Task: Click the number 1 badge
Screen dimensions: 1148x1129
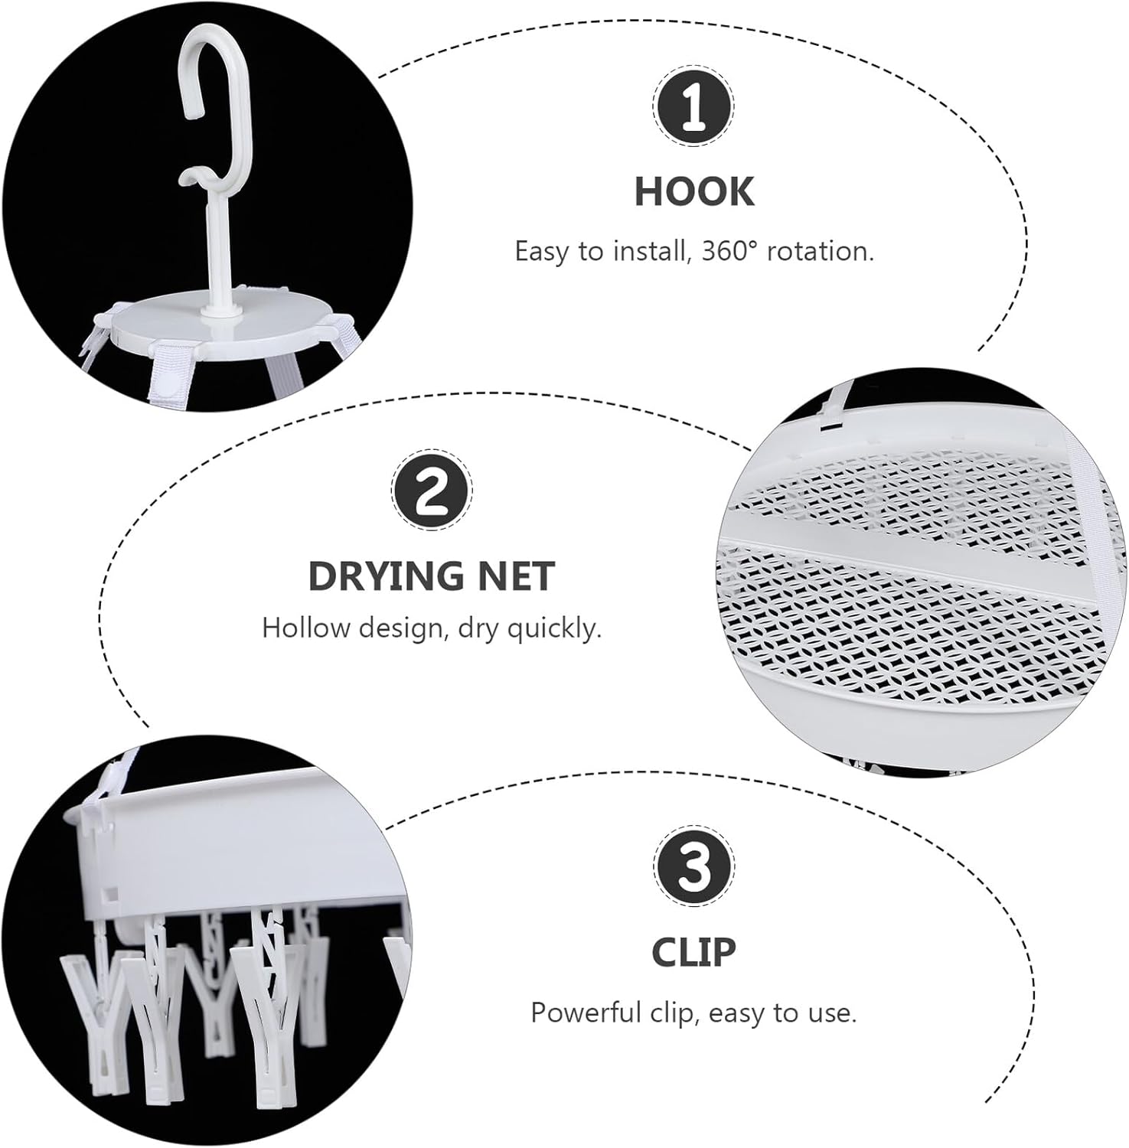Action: pyautogui.click(x=693, y=106)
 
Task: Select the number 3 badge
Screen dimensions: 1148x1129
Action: pyautogui.click(x=693, y=867)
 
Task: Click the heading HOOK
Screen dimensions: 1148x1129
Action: pyautogui.click(x=694, y=191)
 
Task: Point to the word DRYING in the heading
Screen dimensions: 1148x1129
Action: pyautogui.click(x=387, y=576)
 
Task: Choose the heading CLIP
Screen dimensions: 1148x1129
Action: pyautogui.click(x=693, y=952)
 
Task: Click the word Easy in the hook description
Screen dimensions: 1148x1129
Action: pyautogui.click(x=540, y=253)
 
